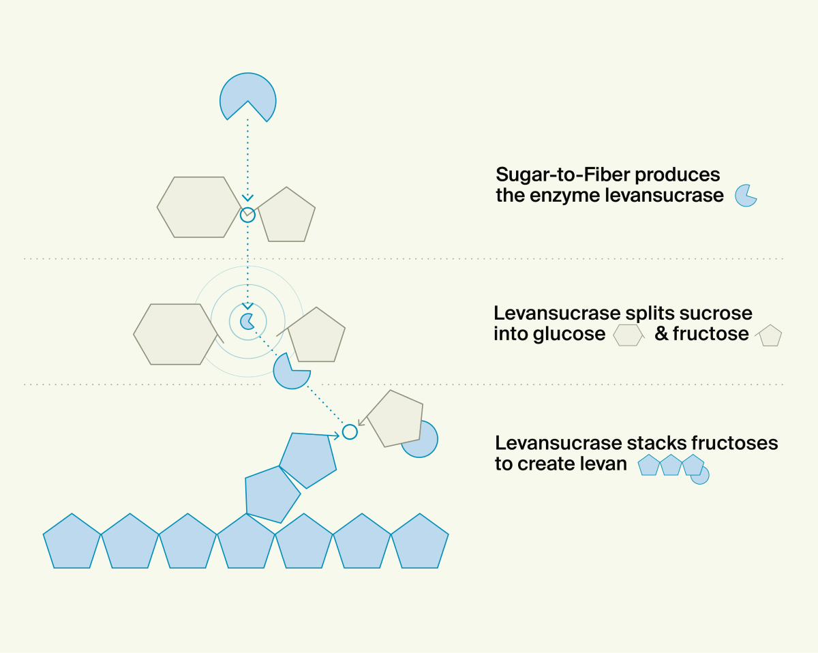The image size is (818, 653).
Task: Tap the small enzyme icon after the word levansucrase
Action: click(745, 195)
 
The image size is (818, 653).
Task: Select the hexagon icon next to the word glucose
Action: click(628, 335)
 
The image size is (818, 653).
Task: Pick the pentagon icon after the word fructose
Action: click(769, 335)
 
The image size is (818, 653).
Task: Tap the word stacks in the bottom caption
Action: click(654, 443)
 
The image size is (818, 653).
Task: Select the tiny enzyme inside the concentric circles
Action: click(247, 320)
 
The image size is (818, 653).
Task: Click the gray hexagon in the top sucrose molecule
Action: click(198, 207)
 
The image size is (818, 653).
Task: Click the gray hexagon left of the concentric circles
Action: click(175, 334)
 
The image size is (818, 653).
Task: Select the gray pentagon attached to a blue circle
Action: click(395, 419)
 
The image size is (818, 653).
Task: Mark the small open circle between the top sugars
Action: click(248, 215)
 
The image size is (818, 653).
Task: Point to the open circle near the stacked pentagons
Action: click(350, 431)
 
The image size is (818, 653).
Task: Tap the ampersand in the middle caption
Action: click(661, 334)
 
